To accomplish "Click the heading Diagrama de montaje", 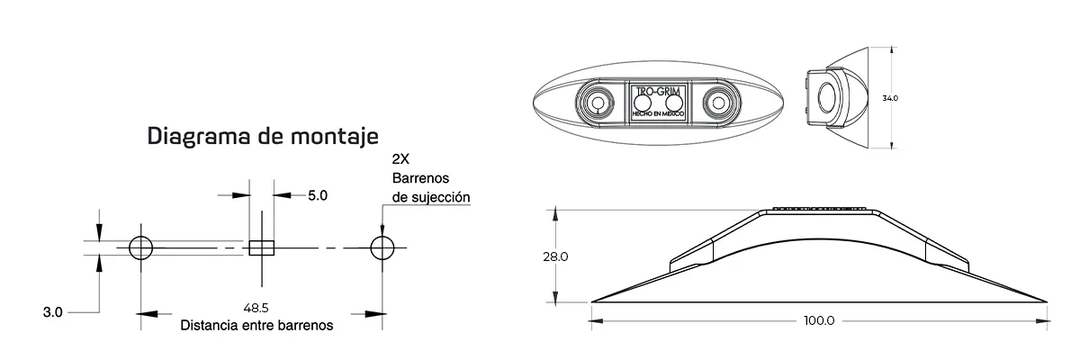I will click(263, 137).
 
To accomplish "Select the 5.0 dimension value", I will click(318, 194).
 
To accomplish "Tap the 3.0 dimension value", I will click(52, 313).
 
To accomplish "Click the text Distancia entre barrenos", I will click(257, 325).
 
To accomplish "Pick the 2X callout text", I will click(401, 159).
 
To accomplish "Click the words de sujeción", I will click(431, 196).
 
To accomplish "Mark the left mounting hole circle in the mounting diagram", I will click(141, 247).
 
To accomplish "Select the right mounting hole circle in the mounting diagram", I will click(382, 247).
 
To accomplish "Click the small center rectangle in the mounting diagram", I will click(261, 247).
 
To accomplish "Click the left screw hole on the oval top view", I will click(596, 103).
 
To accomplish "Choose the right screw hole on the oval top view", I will click(719, 103).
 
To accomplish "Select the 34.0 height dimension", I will click(890, 97).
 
